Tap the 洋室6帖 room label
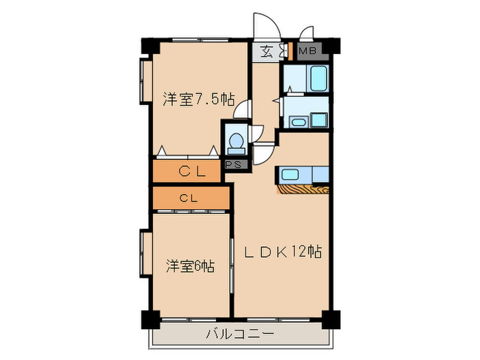pyautogui.click(x=190, y=265)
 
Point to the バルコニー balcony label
pyautogui.click(x=239, y=335)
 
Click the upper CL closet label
pyautogui.click(x=192, y=172)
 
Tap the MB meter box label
pyautogui.click(x=307, y=51)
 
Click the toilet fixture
pyautogui.click(x=236, y=141)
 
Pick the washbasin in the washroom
pyautogui.click(x=299, y=122)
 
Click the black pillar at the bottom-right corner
pyautogui.click(x=331, y=320)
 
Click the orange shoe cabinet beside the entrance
pyautogui.click(x=290, y=51)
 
